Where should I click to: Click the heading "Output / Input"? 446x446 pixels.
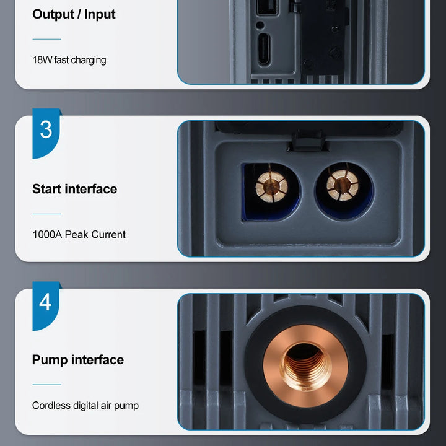74,14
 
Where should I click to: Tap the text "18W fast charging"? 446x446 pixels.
69,60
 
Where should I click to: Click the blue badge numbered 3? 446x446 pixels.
46,133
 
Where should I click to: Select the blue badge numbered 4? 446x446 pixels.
46,305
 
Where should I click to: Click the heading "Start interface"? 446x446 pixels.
74,189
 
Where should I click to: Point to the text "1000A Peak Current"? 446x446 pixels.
79,235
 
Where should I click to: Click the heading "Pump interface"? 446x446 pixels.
77,360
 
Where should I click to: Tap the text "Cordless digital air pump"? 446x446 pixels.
85,405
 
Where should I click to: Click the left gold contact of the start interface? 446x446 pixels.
271,187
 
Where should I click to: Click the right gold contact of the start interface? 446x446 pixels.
343,185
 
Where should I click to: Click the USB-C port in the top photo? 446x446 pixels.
264,49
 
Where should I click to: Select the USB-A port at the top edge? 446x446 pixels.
267,7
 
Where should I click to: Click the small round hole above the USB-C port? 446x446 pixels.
260,25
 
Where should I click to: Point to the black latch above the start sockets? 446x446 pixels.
308,141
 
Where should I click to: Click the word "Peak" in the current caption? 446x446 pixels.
77,235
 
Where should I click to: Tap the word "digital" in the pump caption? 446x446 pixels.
85,405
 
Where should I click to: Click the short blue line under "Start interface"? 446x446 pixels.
46,214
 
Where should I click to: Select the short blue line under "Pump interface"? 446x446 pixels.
46,385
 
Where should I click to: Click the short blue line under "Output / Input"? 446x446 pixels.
46,39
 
